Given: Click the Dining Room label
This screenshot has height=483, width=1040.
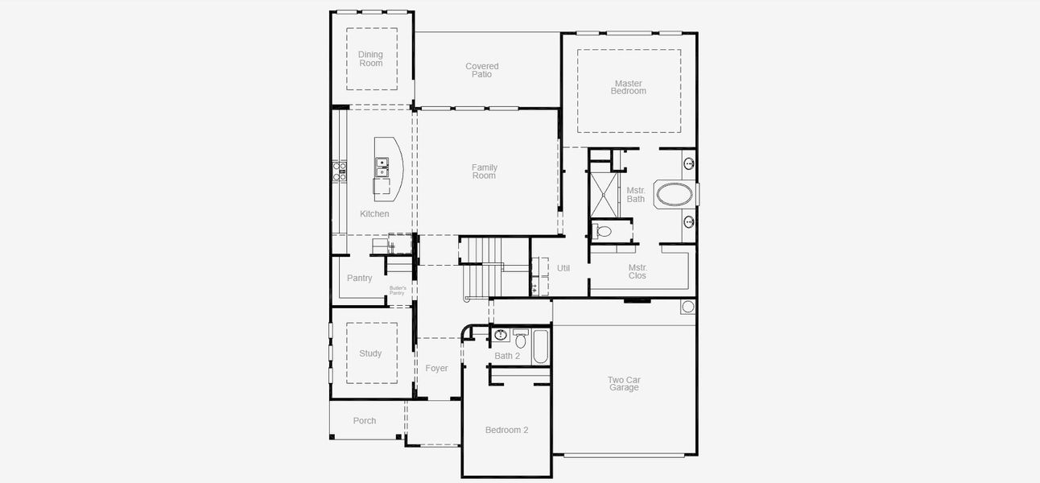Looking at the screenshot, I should click(x=370, y=59).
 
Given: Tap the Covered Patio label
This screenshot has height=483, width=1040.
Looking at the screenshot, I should click(x=482, y=70).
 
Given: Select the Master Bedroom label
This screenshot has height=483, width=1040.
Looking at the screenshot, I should click(x=628, y=87).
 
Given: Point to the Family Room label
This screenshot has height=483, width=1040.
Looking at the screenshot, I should click(x=484, y=171).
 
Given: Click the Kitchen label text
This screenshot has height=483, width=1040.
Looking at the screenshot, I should click(x=374, y=214).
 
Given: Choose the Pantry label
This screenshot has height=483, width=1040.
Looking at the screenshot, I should click(x=359, y=279).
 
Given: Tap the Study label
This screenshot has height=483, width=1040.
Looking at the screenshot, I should click(x=370, y=353).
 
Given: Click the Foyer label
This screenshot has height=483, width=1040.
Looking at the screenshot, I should click(x=436, y=369).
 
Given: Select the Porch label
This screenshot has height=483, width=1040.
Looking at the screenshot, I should click(x=365, y=421).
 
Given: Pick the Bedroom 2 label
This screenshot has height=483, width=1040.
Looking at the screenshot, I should click(x=506, y=430).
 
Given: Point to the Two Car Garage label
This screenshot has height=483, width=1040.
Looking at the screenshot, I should click(x=624, y=384).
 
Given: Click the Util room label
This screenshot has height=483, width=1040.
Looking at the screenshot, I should click(x=563, y=268).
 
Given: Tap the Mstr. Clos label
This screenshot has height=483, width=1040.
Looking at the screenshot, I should click(x=638, y=271).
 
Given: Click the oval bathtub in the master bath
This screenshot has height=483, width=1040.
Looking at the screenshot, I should click(x=674, y=196).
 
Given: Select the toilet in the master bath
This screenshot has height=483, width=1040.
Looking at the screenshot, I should click(x=604, y=232).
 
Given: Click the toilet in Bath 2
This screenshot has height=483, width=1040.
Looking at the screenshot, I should click(x=520, y=341).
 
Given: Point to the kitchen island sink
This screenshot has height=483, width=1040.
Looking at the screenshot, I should click(x=382, y=167).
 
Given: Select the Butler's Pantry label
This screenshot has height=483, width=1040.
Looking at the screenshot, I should click(x=397, y=291).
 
